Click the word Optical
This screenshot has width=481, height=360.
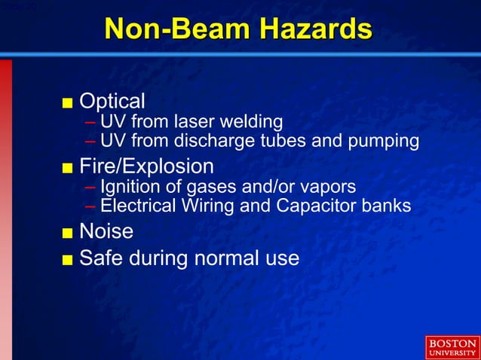(112, 101)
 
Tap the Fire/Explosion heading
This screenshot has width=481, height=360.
(146, 166)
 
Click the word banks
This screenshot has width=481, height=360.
(386, 205)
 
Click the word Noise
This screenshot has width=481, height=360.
(106, 230)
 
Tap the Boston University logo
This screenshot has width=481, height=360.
(452, 347)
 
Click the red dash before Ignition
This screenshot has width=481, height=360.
(90, 187)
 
